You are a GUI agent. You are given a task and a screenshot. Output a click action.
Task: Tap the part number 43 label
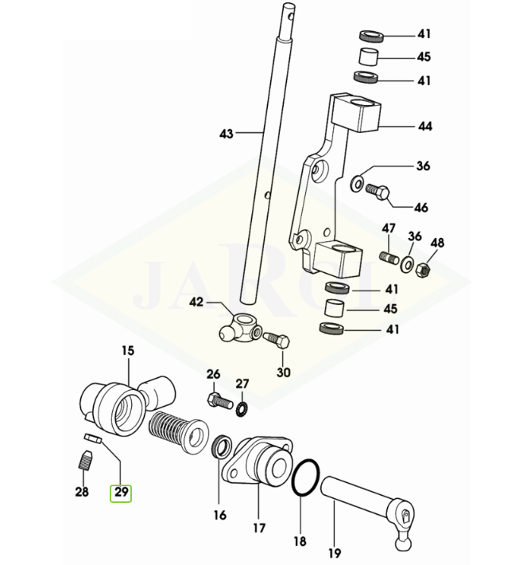227,134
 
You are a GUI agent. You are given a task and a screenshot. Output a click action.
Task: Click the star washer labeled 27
242,407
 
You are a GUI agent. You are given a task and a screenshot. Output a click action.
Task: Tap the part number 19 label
334,551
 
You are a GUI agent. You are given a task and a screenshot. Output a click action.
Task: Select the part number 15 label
128,350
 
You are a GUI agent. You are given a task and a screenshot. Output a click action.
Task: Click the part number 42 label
196,302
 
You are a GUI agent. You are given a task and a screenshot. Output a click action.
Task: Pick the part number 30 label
284,372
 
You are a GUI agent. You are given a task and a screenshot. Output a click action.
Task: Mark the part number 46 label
420,208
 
